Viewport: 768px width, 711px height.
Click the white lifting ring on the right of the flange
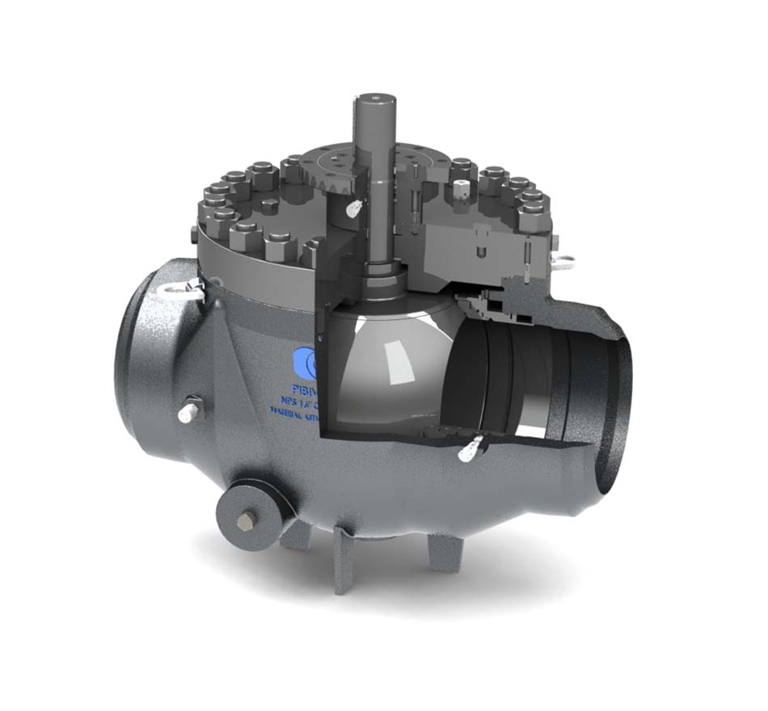(563, 259)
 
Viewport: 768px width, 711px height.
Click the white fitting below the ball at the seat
(471, 448)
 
